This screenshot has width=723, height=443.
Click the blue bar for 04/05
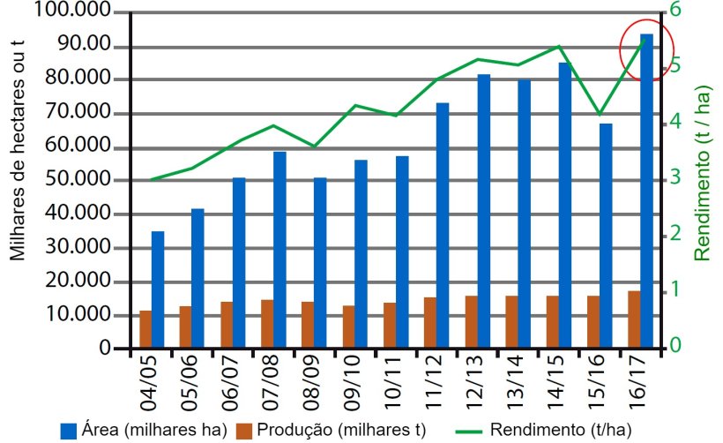pyautogui.click(x=158, y=289)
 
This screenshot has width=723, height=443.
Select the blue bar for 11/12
pyautogui.click(x=443, y=225)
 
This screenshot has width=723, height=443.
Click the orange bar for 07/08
pyautogui.click(x=267, y=324)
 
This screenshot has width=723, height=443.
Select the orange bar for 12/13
pyautogui.click(x=471, y=322)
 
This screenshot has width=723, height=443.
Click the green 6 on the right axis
pyautogui.click(x=675, y=11)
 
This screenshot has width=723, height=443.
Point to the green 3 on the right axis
pyautogui.click(x=675, y=178)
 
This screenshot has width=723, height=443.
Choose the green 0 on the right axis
pyautogui.click(x=675, y=345)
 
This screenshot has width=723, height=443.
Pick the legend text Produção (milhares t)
pyautogui.click(x=341, y=430)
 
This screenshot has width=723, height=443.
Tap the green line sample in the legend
pyautogui.click(x=473, y=431)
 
